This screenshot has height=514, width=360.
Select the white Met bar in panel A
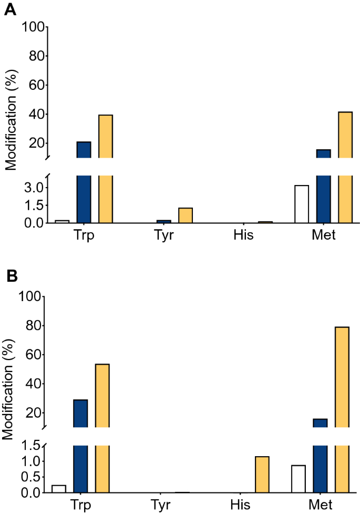(302, 204)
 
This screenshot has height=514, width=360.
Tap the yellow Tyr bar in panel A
(186, 215)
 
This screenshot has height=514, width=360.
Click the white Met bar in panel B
(299, 479)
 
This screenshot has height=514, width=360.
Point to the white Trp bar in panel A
(62, 221)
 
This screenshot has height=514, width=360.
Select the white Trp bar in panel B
(59, 489)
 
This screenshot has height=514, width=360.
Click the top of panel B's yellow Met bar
(342, 327)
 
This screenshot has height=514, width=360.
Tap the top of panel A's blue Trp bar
(84, 142)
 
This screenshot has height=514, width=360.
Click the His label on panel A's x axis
(243, 235)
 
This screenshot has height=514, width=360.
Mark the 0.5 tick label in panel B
(33, 477)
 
